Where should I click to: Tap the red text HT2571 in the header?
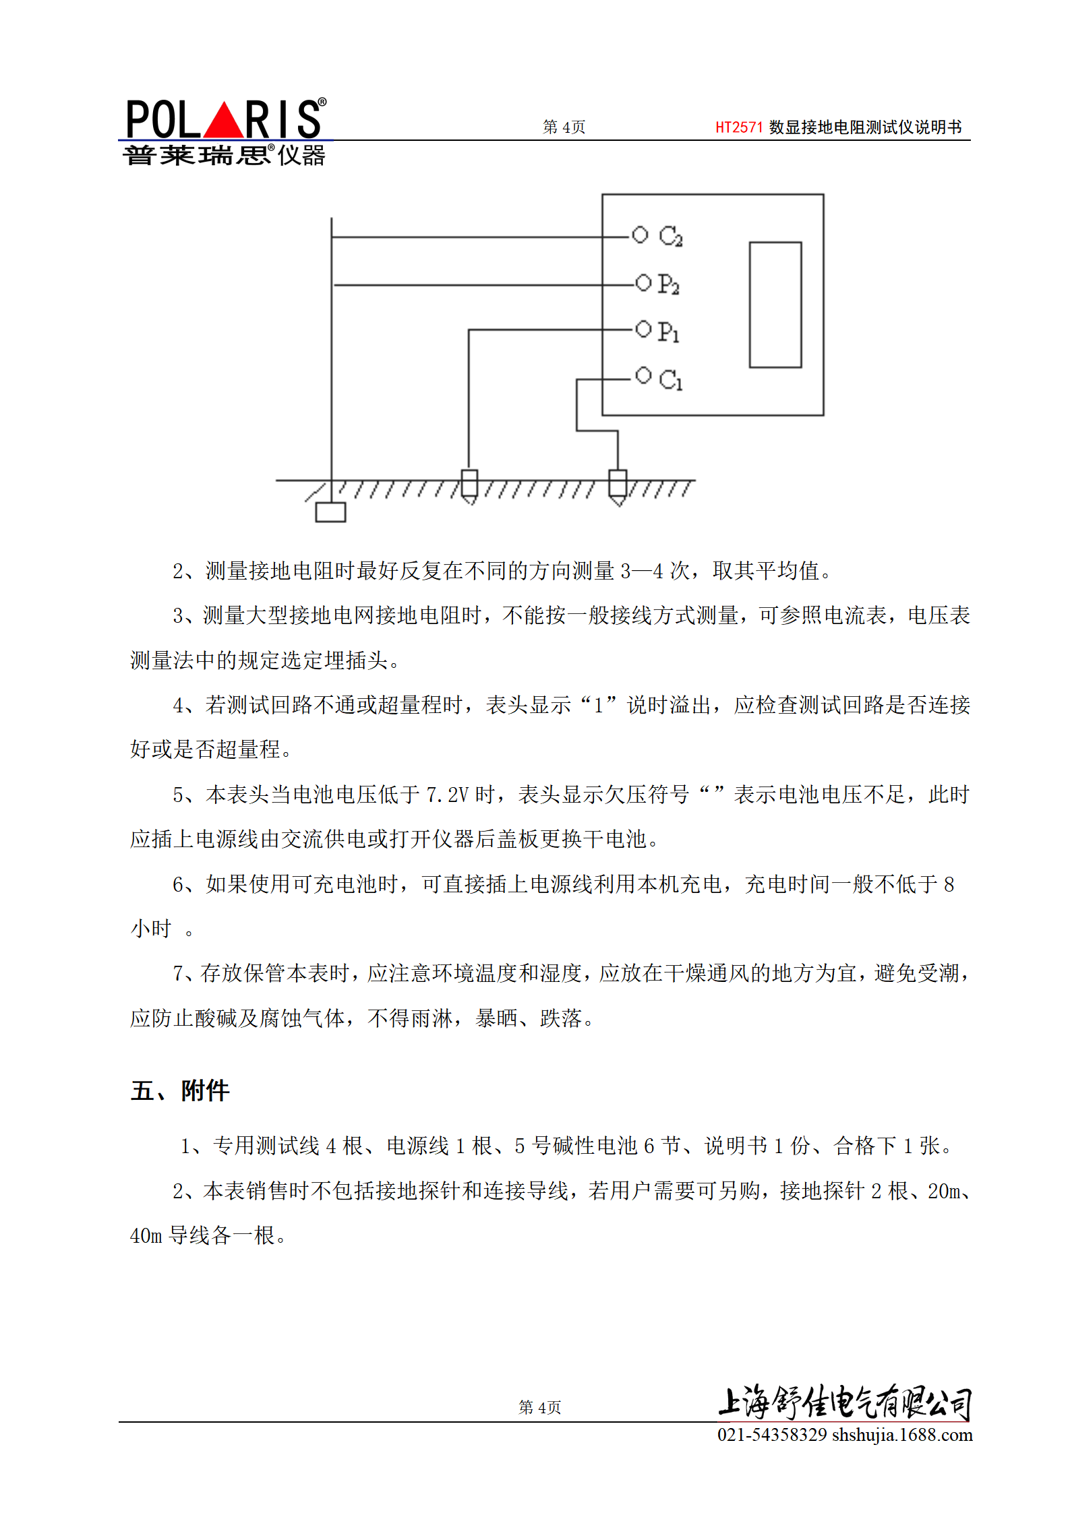pyautogui.click(x=738, y=127)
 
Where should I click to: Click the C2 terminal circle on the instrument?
pyautogui.click(x=640, y=235)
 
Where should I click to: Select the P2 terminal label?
pyautogui.click(x=668, y=284)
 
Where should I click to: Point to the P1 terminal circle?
pyautogui.click(x=643, y=329)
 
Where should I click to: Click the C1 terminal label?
pyautogui.click(x=670, y=380)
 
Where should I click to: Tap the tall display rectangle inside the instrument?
pyautogui.click(x=775, y=305)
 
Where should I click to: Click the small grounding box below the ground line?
pyautogui.click(x=330, y=512)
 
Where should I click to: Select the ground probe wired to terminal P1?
pyautogui.click(x=469, y=485)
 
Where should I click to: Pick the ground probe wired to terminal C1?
pyautogui.click(x=618, y=485)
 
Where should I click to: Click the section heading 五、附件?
pyautogui.click(x=180, y=1090)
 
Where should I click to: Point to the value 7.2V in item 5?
pyautogui.click(x=447, y=795)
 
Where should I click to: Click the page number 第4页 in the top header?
pyautogui.click(x=564, y=127)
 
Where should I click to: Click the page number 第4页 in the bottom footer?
pyautogui.click(x=539, y=1407)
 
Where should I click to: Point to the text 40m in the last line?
pyautogui.click(x=146, y=1235)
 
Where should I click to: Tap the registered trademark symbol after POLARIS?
pyautogui.click(x=322, y=102)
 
